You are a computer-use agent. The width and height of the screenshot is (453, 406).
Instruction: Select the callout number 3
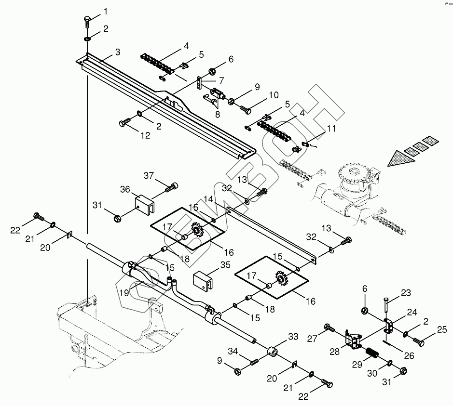(x=117, y=52)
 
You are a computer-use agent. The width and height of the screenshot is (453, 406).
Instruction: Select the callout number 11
(x=330, y=129)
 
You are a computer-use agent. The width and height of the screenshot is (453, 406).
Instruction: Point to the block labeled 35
(x=203, y=280)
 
